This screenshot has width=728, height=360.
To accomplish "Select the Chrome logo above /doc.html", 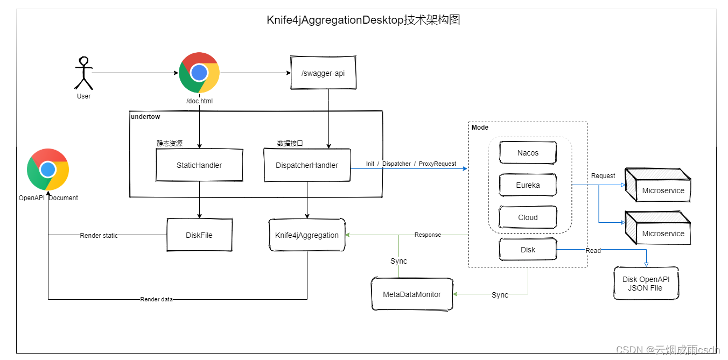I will [199, 73].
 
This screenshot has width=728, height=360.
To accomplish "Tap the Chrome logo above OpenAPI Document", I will [48, 170].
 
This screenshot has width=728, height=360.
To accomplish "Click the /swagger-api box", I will [324, 73].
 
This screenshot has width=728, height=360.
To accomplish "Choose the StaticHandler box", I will [199, 165].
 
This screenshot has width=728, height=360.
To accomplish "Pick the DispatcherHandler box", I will [307, 165].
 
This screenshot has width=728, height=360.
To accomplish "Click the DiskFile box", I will [199, 235].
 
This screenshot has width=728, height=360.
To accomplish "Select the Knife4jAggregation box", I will [307, 235].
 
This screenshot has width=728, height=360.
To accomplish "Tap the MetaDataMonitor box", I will [412, 294].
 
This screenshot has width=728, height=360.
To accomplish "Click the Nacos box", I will [528, 153].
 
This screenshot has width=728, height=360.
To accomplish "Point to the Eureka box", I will [528, 185].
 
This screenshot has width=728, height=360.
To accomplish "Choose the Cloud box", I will [528, 217].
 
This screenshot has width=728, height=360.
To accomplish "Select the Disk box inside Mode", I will [528, 250].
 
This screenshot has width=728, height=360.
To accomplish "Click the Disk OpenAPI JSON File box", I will [646, 284].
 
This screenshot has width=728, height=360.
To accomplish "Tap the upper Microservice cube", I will [657, 186].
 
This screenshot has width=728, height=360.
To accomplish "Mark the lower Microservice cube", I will [657, 229].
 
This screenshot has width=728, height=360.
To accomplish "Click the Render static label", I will [99, 235].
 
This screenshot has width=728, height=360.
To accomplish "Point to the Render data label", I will [156, 299].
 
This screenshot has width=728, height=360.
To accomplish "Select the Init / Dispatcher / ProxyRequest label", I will [411, 164].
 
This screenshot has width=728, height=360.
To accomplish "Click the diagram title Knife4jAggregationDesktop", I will [363, 20].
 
